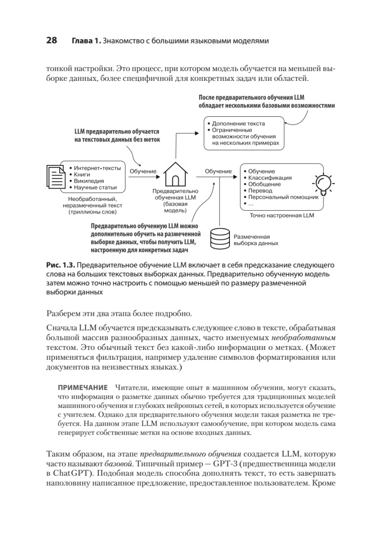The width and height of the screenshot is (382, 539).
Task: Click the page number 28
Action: (x=51, y=41)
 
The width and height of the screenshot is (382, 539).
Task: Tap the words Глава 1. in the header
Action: (x=86, y=41)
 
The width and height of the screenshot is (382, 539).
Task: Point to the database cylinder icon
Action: (x=220, y=239)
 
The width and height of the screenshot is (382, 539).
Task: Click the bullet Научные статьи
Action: (x=95, y=187)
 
